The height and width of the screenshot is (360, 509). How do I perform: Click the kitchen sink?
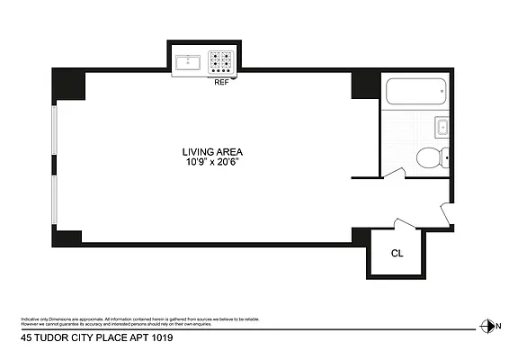(189, 62)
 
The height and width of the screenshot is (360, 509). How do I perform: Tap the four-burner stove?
(221, 62)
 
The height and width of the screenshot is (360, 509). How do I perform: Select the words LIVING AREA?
(213, 152)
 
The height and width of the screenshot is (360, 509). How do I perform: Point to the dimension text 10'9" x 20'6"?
(213, 163)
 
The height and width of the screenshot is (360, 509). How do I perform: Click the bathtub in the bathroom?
(415, 91)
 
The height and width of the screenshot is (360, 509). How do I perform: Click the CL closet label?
(397, 253)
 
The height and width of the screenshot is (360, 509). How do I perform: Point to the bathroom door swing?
(392, 172)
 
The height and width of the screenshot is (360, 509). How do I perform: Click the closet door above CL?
(406, 224)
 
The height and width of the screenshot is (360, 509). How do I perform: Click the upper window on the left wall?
(56, 139)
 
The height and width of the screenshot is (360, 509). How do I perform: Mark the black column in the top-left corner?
(69, 85)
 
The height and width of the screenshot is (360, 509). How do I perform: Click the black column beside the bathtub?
(366, 85)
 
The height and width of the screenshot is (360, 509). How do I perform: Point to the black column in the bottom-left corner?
(68, 237)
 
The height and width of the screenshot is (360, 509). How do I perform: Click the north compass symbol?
(487, 326)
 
